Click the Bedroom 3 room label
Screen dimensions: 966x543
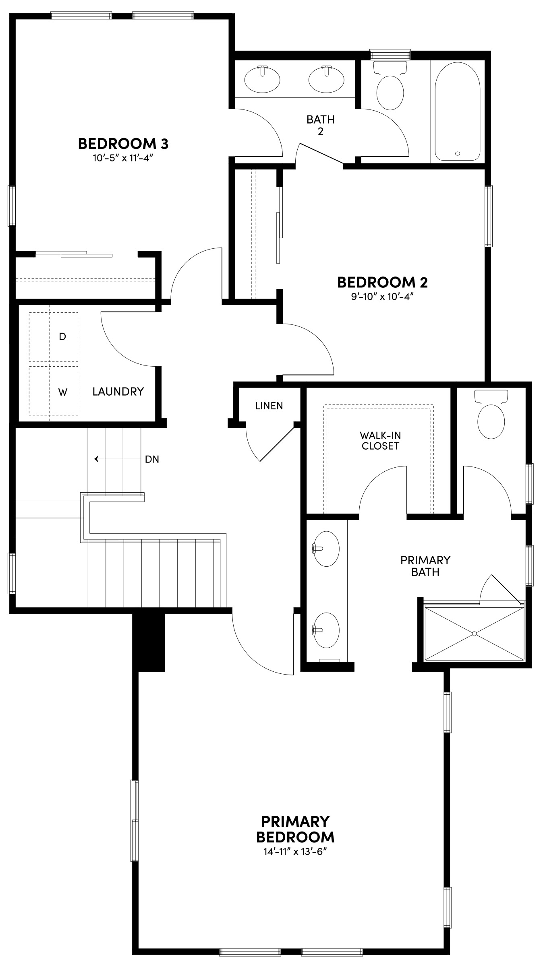click(123, 143)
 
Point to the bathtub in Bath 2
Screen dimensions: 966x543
click(457, 111)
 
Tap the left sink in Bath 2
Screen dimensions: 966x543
click(262, 79)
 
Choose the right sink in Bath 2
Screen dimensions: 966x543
click(326, 79)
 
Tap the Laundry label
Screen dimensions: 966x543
click(118, 391)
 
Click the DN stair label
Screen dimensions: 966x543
click(152, 459)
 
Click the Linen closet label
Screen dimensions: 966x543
click(269, 406)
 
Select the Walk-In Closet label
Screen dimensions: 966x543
click(380, 440)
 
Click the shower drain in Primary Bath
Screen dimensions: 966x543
click(474, 634)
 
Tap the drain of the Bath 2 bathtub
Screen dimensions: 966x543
click(457, 153)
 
